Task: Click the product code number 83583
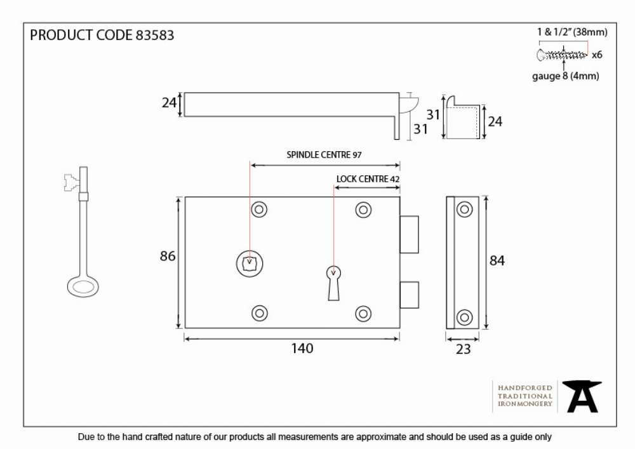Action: pyautogui.click(x=155, y=35)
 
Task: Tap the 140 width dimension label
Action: pyautogui.click(x=302, y=348)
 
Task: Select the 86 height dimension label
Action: pyautogui.click(x=168, y=256)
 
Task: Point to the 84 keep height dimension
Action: pyautogui.click(x=497, y=260)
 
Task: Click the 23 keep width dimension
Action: pyautogui.click(x=464, y=349)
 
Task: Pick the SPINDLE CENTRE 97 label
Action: pyautogui.click(x=324, y=155)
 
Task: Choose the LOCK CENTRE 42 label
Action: pyautogui.click(x=368, y=179)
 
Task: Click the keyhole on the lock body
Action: pyautogui.click(x=334, y=283)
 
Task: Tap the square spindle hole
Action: pyautogui.click(x=250, y=264)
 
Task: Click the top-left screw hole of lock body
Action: pyautogui.click(x=259, y=210)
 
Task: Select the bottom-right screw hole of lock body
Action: pyautogui.click(x=363, y=313)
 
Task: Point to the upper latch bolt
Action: pyautogui.click(x=409, y=234)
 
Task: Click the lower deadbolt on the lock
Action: pyautogui.click(x=409, y=295)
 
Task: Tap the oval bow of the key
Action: pyautogui.click(x=83, y=286)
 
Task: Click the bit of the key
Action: pyautogui.click(x=71, y=182)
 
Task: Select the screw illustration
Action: pyautogui.click(x=562, y=55)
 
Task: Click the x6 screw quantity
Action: pyautogui.click(x=597, y=55)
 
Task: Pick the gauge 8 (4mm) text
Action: pyautogui.click(x=565, y=76)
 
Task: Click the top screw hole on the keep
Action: pyautogui.click(x=465, y=210)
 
